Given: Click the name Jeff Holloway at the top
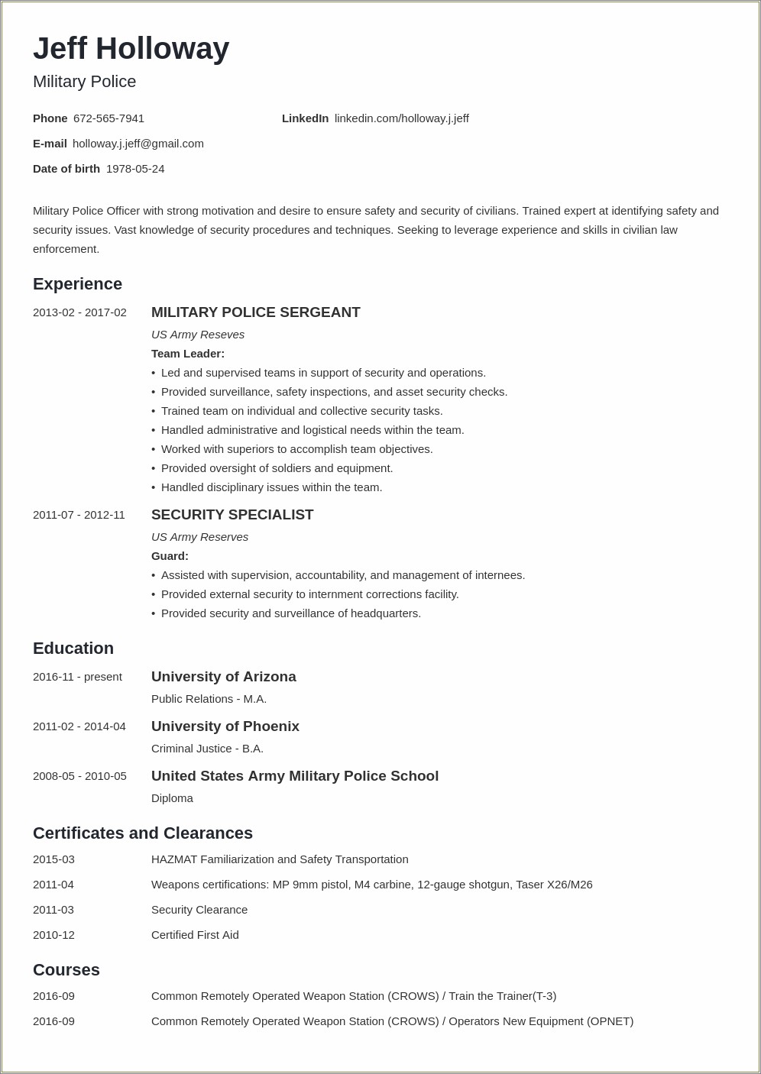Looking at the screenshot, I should [131, 49].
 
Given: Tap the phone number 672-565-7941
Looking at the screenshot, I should [108, 118].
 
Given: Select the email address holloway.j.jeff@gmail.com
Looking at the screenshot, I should [138, 144].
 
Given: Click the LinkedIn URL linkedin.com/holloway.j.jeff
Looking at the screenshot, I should [402, 118].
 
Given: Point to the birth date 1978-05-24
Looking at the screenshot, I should [135, 169].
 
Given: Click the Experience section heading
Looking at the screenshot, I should [77, 284].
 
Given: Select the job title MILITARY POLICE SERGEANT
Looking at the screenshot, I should [255, 312].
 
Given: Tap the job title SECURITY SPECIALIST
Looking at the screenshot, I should [232, 515].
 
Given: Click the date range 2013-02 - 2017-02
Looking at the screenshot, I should [79, 312].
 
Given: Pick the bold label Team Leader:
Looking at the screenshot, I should [188, 354].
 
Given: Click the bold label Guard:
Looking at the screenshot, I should [170, 556].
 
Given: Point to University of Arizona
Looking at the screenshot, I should [223, 677].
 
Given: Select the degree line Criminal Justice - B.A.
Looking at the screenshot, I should [207, 749].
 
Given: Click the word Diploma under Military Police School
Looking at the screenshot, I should [172, 798].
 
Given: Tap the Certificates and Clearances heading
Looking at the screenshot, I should [143, 833].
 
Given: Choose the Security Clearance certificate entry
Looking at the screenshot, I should [199, 910].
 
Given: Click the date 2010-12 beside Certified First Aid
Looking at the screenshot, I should [53, 935].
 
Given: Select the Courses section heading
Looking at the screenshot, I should [66, 970].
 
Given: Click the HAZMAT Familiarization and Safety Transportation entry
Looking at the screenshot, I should [280, 859].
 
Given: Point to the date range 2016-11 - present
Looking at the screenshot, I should [77, 677].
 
